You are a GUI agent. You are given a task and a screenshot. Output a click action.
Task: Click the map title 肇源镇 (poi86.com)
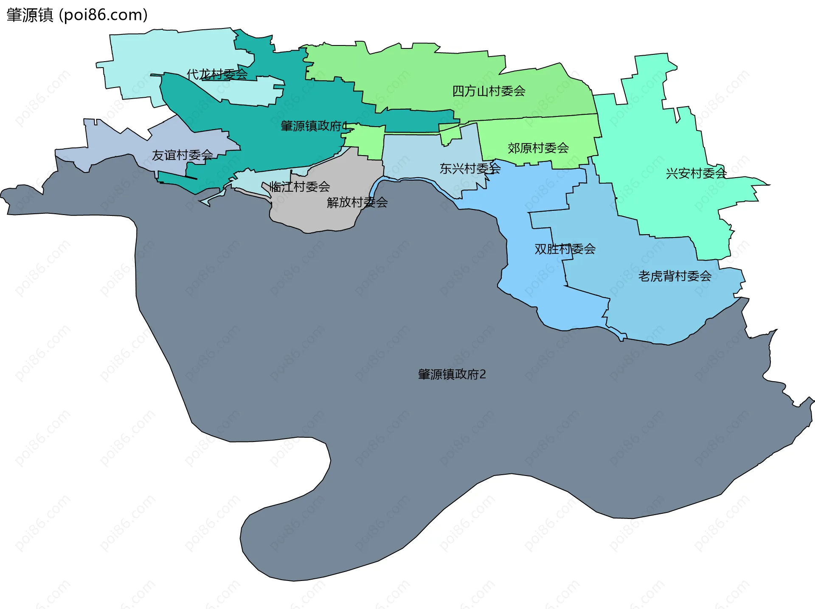coord(77,15)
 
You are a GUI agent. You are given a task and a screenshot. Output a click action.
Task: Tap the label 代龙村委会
coord(217,74)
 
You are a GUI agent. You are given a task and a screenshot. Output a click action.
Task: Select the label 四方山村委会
coord(489,91)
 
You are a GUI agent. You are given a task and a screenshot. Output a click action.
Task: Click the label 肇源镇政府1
coord(314,126)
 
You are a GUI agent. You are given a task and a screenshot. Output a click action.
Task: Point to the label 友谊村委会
coord(182,155)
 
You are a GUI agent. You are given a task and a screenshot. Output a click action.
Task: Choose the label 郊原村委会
coord(538,148)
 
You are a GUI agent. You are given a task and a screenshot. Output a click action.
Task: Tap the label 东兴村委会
coord(470,169)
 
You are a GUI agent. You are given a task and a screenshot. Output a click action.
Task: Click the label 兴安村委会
coord(696,173)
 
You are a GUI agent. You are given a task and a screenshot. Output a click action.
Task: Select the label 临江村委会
coord(300,186)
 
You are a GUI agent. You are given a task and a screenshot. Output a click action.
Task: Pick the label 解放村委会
coord(357,202)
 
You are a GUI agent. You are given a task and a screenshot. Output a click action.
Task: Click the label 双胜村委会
coord(565,249)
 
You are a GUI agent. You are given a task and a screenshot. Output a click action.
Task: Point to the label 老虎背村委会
coord(674,276)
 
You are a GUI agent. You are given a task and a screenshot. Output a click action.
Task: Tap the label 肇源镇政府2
coord(452,374)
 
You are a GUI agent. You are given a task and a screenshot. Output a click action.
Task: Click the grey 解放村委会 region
coord(323,212)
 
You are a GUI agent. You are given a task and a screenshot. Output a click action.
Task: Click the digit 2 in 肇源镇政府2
coord(483,374)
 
